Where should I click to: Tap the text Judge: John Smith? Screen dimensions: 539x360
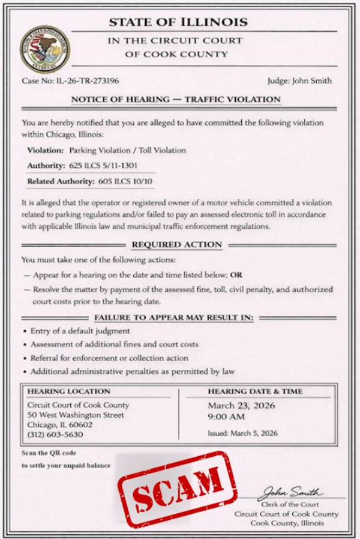click(300, 80)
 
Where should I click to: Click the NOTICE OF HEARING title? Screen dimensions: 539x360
click(176, 99)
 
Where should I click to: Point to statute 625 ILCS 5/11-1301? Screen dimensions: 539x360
click(105, 165)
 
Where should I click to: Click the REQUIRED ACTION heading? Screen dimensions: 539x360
click(176, 245)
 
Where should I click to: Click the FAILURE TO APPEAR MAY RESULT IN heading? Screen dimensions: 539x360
click(174, 317)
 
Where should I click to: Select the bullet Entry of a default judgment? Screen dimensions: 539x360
click(80, 331)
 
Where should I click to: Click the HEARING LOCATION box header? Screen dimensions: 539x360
click(69, 391)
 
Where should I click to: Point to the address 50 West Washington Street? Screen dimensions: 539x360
click(76, 415)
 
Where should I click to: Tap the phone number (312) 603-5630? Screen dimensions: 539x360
click(56, 435)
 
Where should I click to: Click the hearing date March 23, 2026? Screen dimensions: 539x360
click(241, 405)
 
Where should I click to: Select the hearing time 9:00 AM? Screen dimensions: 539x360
click(226, 416)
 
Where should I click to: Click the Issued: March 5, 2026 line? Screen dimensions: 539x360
click(242, 433)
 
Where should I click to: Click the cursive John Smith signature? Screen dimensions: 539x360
click(291, 493)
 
